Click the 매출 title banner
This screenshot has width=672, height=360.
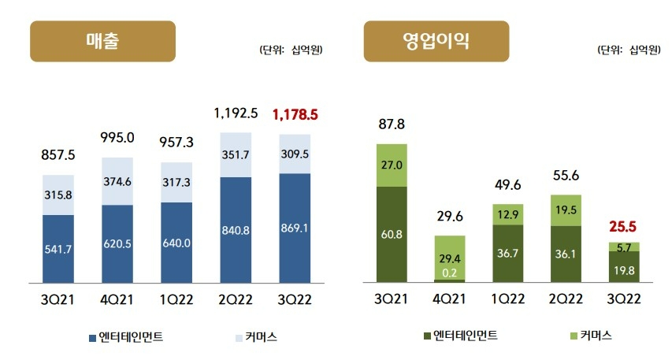[x=102, y=41]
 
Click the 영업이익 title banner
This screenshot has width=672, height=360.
[x=436, y=41]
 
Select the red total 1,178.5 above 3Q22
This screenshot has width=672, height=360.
[x=295, y=115]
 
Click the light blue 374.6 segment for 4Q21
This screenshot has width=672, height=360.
[x=117, y=181]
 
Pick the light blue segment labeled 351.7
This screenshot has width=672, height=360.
[x=236, y=155]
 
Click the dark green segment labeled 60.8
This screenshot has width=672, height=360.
[x=392, y=234]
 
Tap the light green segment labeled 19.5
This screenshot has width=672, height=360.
[x=566, y=210]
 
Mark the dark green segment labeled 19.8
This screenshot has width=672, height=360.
[x=624, y=268]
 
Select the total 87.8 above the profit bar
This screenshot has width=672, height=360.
[x=392, y=124]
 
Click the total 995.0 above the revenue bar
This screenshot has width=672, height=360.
[x=117, y=138]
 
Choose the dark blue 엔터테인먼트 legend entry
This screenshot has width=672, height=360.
[x=126, y=337]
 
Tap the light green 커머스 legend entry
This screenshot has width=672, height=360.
[x=588, y=336]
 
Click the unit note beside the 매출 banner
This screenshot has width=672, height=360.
[x=291, y=50]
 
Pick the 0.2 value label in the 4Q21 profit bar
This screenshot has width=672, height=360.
[x=451, y=273]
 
